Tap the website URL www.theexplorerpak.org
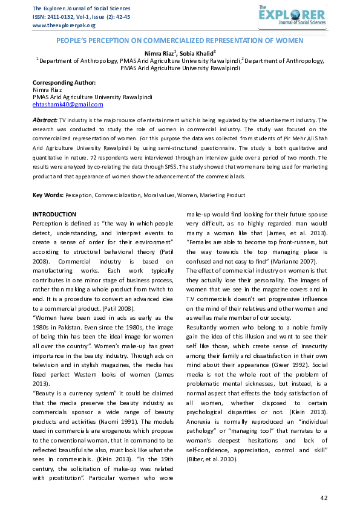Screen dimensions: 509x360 (x=64, y=25)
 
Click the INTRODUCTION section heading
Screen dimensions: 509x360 (x=54, y=215)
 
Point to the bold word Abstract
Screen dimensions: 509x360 (x=45, y=121)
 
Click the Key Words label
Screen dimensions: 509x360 (x=48, y=195)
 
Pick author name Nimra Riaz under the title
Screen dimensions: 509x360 (x=160, y=53)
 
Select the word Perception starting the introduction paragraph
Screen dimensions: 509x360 (x=48, y=223)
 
